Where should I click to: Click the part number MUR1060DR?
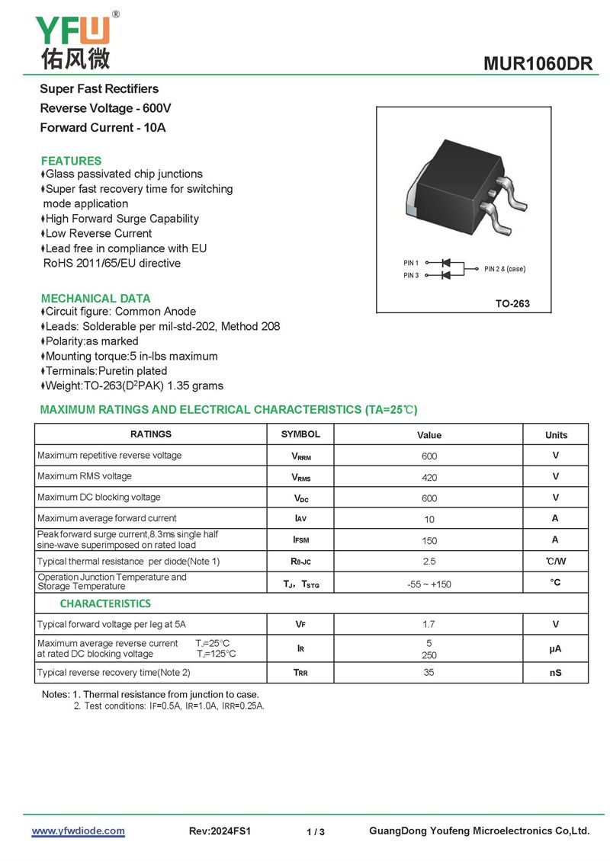click(x=538, y=64)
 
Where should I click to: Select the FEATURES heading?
click(x=71, y=161)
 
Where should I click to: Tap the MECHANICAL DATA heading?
click(x=95, y=298)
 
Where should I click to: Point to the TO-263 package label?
click(x=512, y=304)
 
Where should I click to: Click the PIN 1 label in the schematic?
click(x=411, y=263)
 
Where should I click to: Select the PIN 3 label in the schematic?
click(x=411, y=275)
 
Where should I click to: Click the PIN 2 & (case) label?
click(x=505, y=269)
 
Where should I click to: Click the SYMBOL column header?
click(x=300, y=434)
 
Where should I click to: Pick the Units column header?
click(x=556, y=435)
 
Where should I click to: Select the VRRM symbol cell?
click(x=300, y=456)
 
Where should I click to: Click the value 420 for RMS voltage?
click(x=429, y=477)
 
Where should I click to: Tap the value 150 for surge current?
click(x=429, y=540)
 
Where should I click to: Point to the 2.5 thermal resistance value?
click(x=429, y=562)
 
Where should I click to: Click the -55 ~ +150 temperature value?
click(x=429, y=584)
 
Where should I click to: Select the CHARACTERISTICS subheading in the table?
click(x=105, y=603)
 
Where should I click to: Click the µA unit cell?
click(x=556, y=650)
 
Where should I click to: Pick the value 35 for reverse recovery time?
click(x=429, y=672)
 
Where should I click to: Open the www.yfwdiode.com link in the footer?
click(x=78, y=831)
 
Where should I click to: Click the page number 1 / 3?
click(x=316, y=832)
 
